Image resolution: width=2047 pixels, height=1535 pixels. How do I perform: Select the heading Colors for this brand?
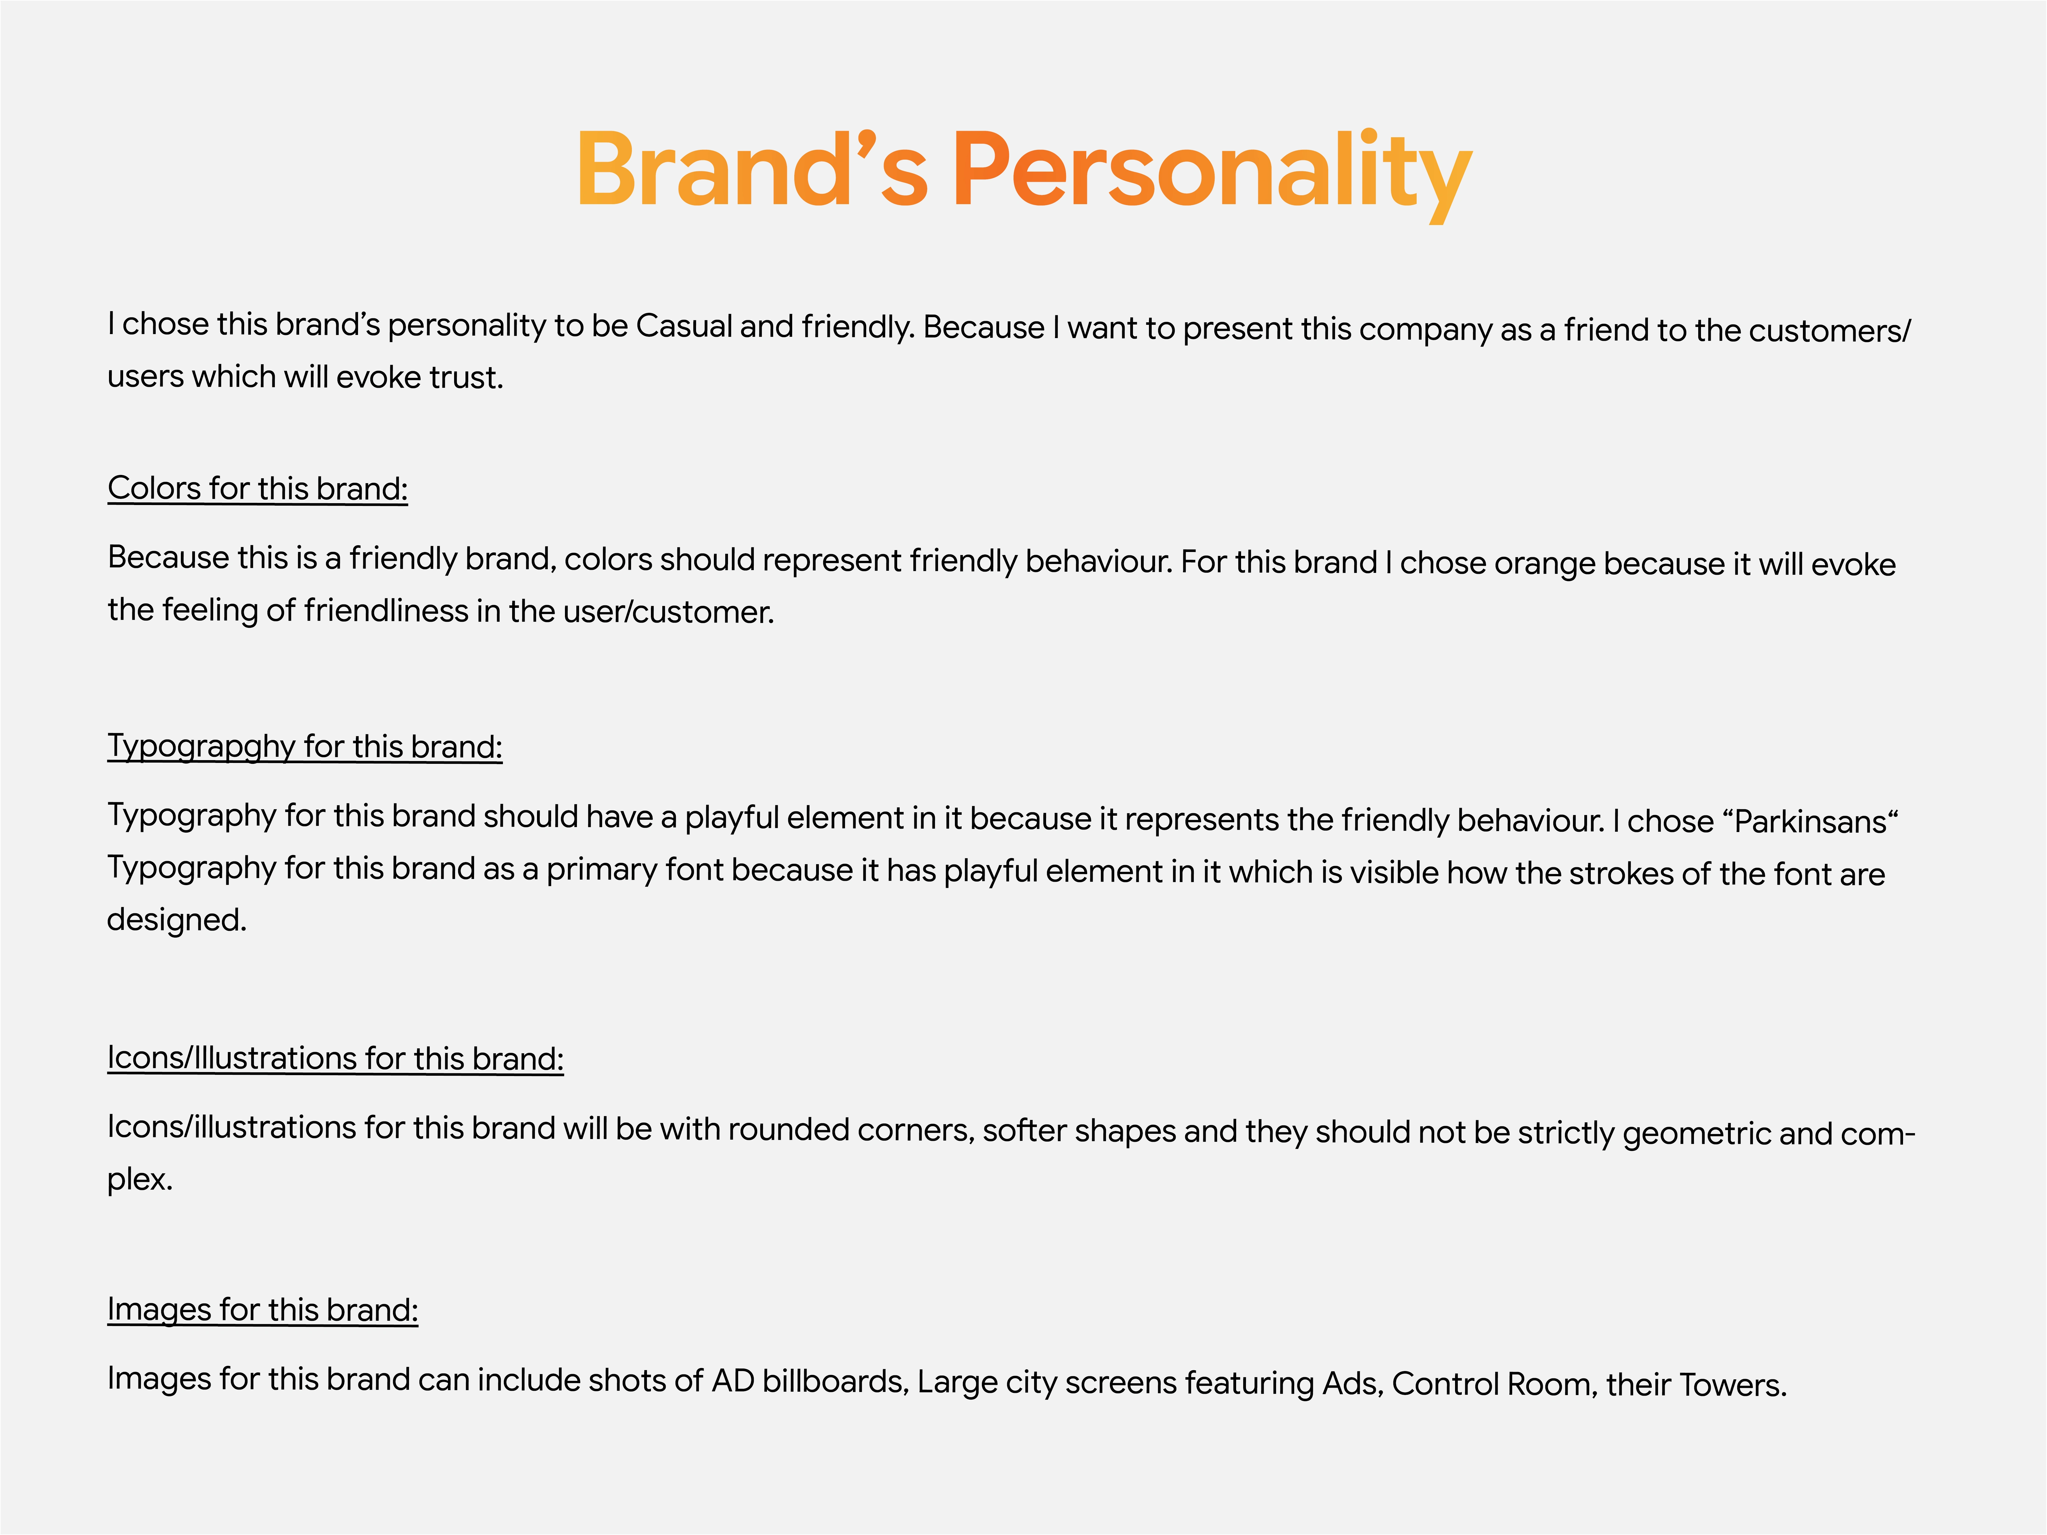[257, 488]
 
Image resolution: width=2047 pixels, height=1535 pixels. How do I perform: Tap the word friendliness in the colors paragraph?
[386, 611]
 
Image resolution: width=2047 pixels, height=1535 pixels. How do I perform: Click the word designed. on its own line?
[177, 920]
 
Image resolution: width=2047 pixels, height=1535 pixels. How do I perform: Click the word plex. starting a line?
[140, 1180]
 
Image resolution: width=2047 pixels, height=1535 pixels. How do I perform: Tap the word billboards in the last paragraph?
[836, 1381]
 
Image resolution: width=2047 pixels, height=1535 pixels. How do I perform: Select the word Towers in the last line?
[1732, 1385]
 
